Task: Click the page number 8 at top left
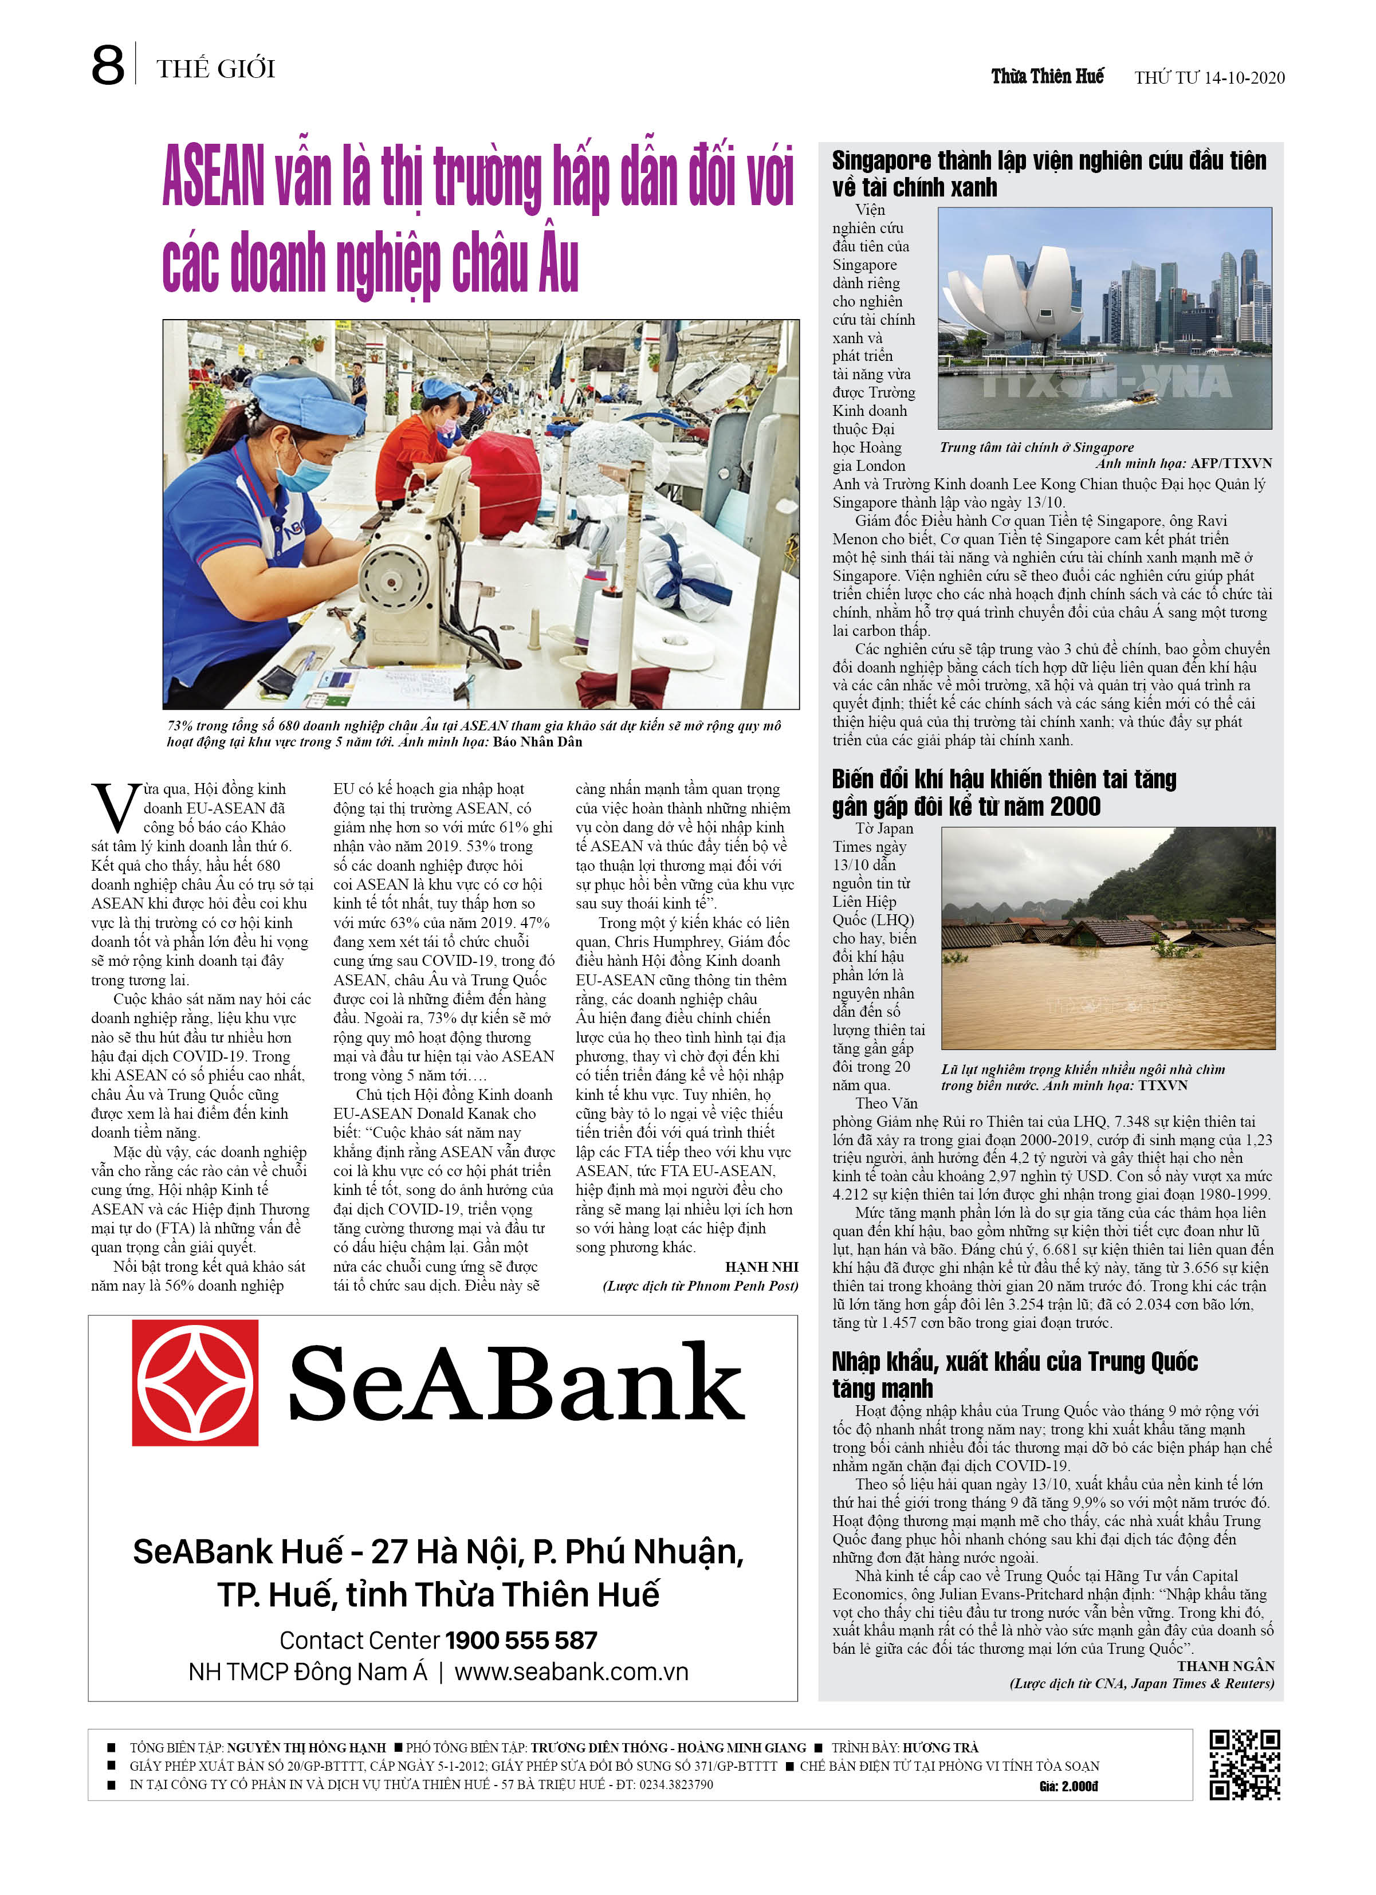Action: pos(108,66)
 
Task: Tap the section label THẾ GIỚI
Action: pos(215,69)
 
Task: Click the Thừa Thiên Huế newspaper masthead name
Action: pos(1047,77)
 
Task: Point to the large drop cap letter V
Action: pos(115,807)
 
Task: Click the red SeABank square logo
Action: pos(195,1382)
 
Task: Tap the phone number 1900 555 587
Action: pos(521,1640)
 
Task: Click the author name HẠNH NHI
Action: pos(761,1267)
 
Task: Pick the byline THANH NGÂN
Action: pos(1225,1666)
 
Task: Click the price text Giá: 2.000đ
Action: pos(1068,1786)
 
